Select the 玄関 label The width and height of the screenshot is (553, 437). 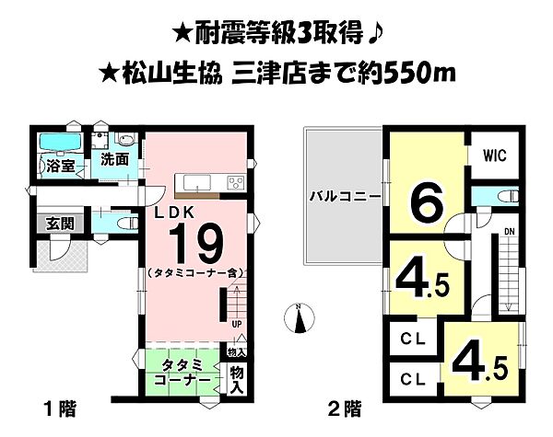(x=50, y=224)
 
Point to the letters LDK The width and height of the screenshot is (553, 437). (x=174, y=212)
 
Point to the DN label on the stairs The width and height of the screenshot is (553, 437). (x=509, y=230)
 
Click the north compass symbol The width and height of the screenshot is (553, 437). (x=299, y=318)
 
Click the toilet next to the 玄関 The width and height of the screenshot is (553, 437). (x=108, y=224)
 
